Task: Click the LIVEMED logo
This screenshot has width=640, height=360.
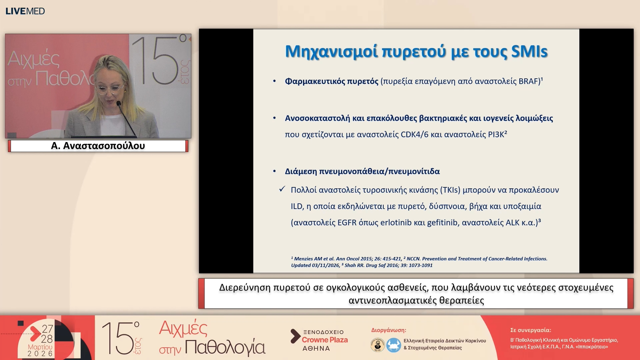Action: click(25, 11)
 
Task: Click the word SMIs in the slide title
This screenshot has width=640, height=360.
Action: click(529, 52)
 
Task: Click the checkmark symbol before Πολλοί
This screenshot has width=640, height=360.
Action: click(282, 189)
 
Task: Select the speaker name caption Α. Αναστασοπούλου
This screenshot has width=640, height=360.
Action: click(98, 146)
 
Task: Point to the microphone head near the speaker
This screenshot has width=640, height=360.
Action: click(118, 104)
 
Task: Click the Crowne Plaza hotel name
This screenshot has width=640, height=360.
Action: click(325, 340)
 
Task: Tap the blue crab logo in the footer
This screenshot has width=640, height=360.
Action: click(393, 345)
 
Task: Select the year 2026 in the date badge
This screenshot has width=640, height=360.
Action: click(40, 354)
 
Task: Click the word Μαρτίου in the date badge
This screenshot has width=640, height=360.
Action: click(40, 347)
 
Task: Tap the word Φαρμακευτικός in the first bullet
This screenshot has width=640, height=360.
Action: click(331, 81)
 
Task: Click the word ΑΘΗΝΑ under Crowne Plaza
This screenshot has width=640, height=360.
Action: click(316, 349)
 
